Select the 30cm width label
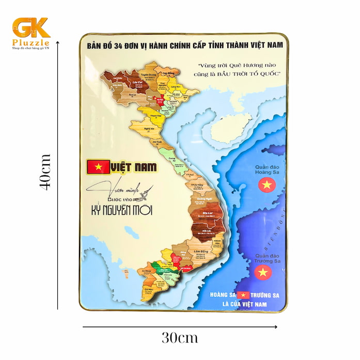click(x=179, y=338)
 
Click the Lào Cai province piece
click(x=137, y=83)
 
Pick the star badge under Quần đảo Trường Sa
click(x=263, y=272)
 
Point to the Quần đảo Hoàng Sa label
click(x=267, y=170)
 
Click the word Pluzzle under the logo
click(x=30, y=42)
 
